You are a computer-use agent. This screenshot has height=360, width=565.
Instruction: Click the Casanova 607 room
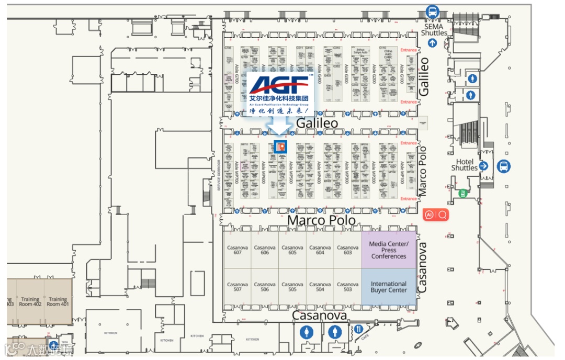coord(238,250)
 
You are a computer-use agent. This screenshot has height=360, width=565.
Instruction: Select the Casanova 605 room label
coord(292,250)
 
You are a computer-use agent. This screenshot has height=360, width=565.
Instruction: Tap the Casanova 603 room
coord(348,250)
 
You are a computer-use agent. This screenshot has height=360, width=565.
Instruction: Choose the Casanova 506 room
coord(265,287)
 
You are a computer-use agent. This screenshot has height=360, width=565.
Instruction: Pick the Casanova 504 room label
coord(320,287)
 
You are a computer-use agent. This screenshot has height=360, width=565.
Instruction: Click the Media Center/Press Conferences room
coord(389,250)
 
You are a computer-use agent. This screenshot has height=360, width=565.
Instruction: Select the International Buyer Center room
coord(389,287)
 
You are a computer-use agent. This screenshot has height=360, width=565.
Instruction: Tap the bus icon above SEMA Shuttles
coord(432,11)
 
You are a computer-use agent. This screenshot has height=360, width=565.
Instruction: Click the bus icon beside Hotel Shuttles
coord(503,166)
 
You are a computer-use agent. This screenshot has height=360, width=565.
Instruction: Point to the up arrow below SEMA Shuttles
coord(432,43)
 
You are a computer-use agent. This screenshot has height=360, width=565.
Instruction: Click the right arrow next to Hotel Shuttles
coord(483,166)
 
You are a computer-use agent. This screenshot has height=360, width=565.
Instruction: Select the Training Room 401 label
coord(58,302)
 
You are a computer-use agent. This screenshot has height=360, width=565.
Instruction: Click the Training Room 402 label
coord(30,302)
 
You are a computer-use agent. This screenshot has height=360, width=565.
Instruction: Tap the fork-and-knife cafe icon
coord(358,329)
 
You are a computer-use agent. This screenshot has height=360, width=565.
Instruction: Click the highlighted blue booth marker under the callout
coord(281,147)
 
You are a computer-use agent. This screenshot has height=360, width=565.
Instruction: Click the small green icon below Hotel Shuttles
coord(462,193)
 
